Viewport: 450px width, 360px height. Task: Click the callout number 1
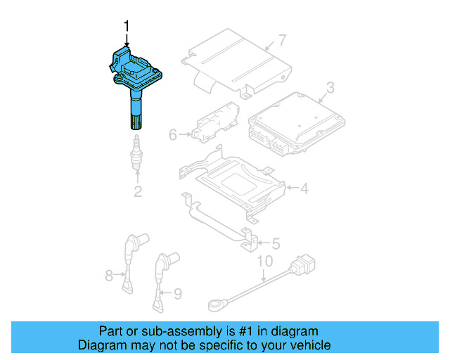pos(127,26)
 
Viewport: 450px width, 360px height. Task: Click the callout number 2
pos(138,191)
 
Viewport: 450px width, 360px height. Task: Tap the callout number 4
pos(304,188)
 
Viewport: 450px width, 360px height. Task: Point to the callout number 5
pos(276,244)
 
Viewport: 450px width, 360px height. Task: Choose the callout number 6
pos(173,134)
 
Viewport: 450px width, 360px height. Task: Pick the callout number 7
pos(281,39)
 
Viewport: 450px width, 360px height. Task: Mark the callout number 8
pos(109,276)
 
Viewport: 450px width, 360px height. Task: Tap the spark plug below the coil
pos(137,156)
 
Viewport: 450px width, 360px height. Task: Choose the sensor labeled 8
pos(130,260)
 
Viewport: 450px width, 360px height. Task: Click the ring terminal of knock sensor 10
pos(215,304)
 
